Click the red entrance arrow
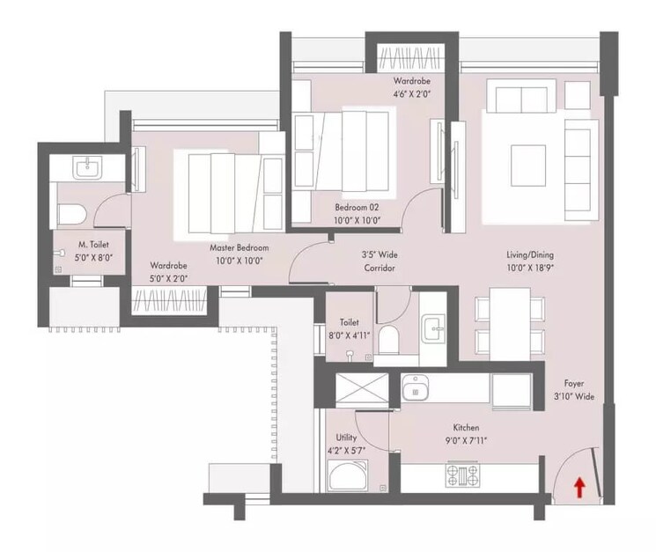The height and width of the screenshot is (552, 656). (579, 487)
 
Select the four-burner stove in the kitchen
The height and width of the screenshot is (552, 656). (463, 475)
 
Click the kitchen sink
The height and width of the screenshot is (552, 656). (415, 387)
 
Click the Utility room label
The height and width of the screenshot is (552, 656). (346, 437)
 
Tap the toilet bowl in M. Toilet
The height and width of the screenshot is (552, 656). (70, 212)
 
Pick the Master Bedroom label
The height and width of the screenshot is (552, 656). (239, 248)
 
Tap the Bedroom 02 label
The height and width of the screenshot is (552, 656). (355, 208)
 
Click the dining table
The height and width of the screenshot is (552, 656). (509, 323)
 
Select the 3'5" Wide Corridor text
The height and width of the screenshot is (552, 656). (380, 261)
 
